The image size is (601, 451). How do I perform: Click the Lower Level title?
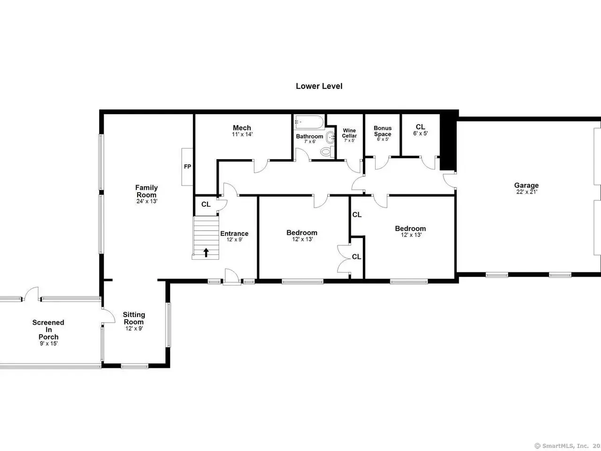tap(319, 86)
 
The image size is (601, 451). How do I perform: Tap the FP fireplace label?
tap(187, 166)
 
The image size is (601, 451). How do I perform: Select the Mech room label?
tap(242, 128)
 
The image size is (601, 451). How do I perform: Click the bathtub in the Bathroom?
tap(310, 122)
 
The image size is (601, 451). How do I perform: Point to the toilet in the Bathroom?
tap(327, 151)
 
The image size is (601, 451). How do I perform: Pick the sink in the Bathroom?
tap(330, 137)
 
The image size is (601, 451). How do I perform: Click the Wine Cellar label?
tap(349, 133)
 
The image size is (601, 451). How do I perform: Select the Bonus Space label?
tap(383, 131)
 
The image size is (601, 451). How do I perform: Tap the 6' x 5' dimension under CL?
tap(421, 133)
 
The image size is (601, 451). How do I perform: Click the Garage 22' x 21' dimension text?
tap(526, 192)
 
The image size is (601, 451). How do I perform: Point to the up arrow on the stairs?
tap(206, 252)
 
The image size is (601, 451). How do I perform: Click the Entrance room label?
tap(234, 233)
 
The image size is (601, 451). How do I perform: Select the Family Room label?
tap(146, 191)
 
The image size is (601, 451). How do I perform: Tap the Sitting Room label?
tap(134, 318)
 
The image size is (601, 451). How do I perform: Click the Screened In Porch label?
tap(48, 330)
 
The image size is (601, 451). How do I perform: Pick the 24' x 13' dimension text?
tap(147, 201)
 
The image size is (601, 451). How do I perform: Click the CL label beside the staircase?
tap(206, 204)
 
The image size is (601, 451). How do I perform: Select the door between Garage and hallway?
tap(450, 180)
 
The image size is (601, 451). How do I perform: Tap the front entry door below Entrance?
tap(231, 277)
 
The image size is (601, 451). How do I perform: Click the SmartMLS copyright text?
tap(567, 446)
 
